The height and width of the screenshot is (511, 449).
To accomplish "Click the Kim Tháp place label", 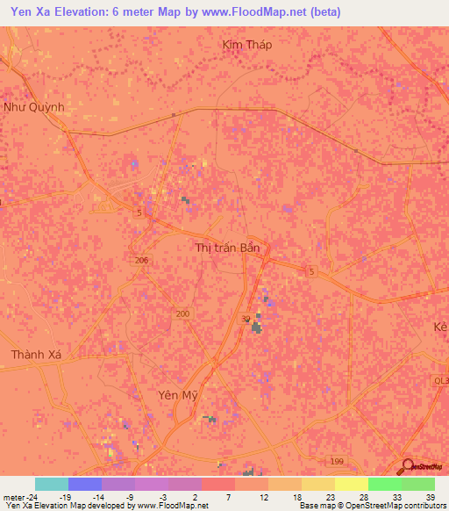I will pos(247,45).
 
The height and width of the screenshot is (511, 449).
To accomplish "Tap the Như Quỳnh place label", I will pos(34,107).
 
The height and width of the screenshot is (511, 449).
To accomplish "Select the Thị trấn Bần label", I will pos(227,248).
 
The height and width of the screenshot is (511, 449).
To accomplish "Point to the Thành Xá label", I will pos(38,355).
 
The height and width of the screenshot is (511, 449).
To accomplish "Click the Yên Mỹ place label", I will pos(173,394).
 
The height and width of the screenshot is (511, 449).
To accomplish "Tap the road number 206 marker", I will pos(142,261).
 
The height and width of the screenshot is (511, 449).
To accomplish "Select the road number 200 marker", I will pos(182,313).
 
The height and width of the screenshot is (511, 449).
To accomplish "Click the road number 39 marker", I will pos(246,319).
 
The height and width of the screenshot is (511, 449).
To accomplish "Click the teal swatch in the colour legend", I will pos(52,484).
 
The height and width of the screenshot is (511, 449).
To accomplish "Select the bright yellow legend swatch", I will pos(352,484).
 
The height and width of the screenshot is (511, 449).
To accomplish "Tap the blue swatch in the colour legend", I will pos(85,484).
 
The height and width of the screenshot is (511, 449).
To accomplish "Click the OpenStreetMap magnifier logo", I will pos(409,465).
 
